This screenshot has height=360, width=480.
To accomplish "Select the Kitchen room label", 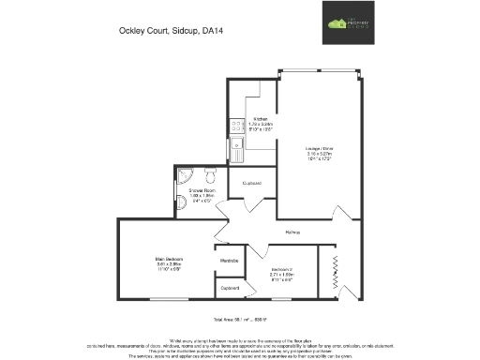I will (261, 119).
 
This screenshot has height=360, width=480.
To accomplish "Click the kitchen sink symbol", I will (237, 143).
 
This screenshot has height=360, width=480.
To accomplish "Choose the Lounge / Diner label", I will (319, 148).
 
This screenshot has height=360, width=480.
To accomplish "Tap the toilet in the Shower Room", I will (211, 175).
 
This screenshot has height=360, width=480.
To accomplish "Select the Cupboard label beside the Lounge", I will (251, 183).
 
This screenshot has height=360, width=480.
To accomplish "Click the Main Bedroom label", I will (169, 259).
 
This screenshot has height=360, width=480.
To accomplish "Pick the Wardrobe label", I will (230, 260).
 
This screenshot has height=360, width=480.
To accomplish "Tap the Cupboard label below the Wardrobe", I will (230, 288).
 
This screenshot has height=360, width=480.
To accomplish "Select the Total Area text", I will (240, 321).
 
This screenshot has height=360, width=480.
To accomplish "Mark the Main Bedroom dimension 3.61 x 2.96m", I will (169, 264).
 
